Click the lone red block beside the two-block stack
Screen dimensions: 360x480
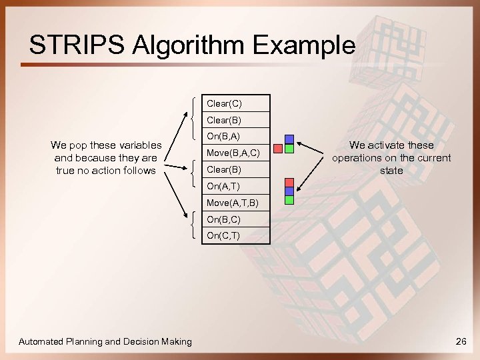279,149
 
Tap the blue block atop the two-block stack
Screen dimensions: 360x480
289,140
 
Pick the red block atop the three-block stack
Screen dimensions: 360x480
289,183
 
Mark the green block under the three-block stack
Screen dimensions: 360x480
289,199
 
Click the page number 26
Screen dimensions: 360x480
460,342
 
